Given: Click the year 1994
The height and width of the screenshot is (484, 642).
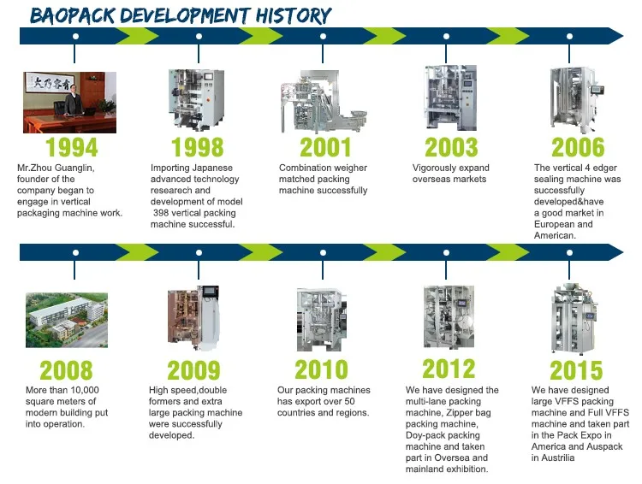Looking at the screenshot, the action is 72,147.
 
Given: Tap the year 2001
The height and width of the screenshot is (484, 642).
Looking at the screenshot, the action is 325,147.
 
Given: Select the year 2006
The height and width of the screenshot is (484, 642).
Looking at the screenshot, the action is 578,147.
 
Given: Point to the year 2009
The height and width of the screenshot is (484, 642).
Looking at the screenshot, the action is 193,370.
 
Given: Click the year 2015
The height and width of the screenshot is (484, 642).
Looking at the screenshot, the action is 576,370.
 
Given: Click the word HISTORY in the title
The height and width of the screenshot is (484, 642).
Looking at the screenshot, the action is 293,15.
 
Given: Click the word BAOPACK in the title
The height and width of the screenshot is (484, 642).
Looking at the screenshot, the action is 73,15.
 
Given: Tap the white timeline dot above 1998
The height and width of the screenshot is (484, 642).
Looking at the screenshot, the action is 199,37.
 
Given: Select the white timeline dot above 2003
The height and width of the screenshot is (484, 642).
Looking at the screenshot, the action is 446,37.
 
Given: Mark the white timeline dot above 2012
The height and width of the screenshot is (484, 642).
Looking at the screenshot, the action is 446,253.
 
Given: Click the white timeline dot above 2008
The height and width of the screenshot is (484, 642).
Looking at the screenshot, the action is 75,253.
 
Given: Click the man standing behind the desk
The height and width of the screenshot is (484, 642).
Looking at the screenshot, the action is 73,99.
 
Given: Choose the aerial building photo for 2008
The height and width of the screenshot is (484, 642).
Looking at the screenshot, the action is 67,320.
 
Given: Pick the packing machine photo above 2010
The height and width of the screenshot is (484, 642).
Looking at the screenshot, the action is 322,319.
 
